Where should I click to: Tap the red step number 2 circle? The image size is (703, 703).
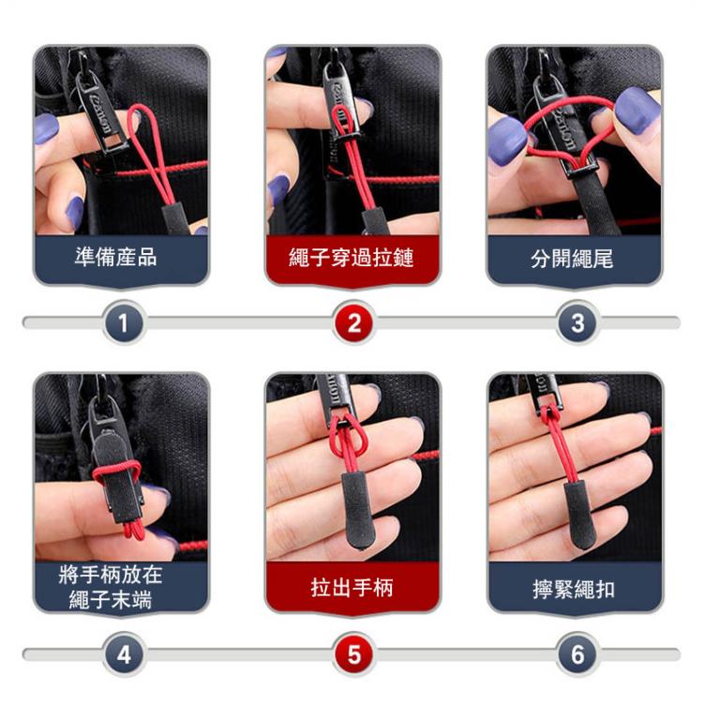click(353, 323)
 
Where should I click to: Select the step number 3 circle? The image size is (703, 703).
click(576, 323)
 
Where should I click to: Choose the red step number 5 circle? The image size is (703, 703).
click(353, 653)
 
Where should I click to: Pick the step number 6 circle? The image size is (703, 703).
click(576, 653)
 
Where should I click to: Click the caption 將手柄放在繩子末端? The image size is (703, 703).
click(122, 586)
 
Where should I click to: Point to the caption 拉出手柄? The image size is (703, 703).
click(351, 588)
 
